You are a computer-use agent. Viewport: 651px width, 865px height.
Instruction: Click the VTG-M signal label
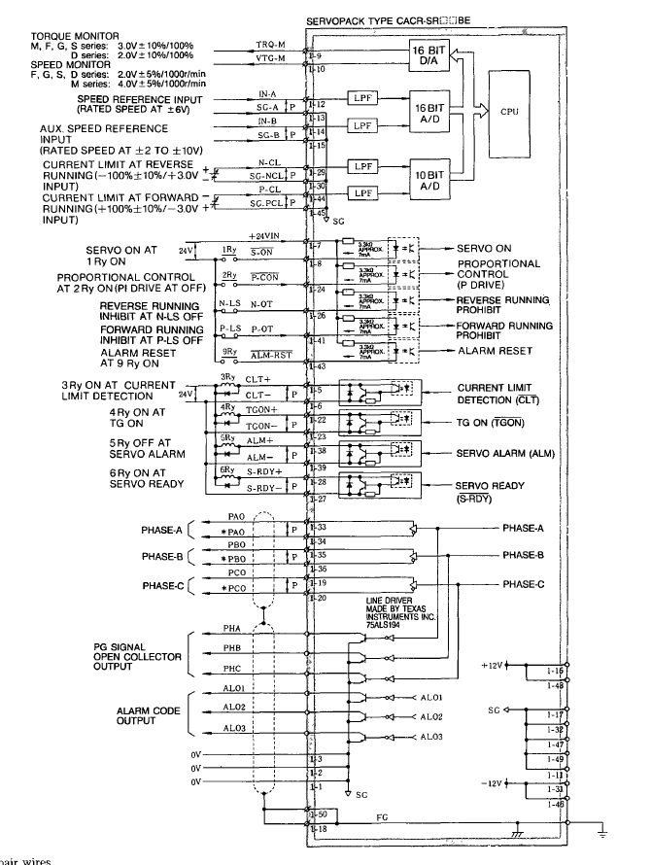(270, 60)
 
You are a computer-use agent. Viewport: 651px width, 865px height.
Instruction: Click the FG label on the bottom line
(384, 819)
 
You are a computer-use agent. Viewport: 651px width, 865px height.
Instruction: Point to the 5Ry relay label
(227, 437)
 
